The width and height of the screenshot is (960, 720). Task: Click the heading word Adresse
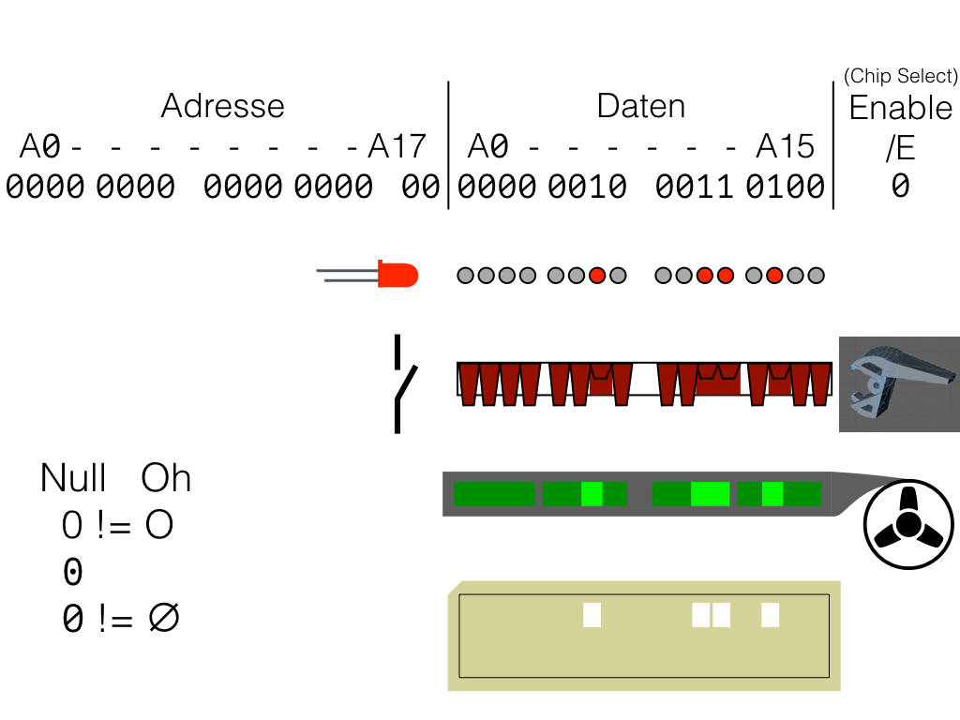(222, 105)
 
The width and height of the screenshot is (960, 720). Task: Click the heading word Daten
(641, 106)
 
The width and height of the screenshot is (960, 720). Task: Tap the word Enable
(900, 109)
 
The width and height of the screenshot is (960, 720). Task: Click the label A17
(397, 147)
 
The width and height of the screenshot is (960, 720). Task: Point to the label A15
(786, 147)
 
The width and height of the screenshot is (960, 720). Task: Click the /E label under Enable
(900, 148)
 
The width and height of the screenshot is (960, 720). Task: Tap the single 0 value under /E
(900, 187)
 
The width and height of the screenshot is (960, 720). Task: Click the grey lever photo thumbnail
(899, 384)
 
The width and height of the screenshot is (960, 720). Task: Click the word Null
(73, 479)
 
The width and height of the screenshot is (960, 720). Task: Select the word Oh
(166, 479)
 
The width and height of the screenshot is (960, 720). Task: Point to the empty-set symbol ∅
(163, 618)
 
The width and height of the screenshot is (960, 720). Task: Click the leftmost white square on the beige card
(592, 615)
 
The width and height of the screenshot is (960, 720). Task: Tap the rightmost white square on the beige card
(771, 615)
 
